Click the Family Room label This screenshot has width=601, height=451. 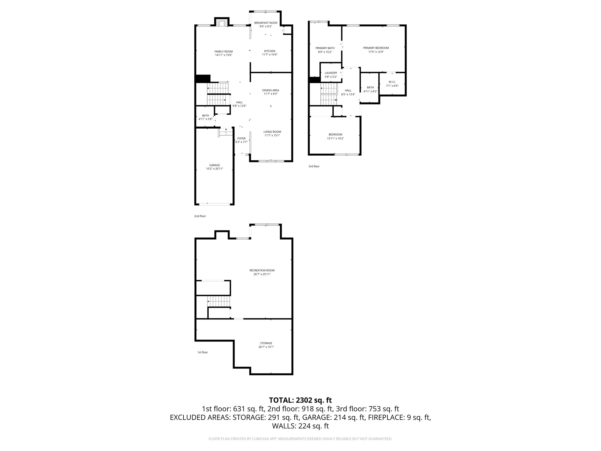point(223,51)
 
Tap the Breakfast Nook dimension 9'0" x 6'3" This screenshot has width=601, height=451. point(266,26)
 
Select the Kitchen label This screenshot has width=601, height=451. point(270,51)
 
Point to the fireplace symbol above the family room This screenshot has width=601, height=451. point(222,23)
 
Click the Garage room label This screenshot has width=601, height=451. point(215,165)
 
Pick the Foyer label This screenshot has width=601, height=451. point(241,138)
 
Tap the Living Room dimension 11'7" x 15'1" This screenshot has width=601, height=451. point(272,135)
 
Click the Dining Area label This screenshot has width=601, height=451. point(271,90)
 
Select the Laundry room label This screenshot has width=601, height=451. point(331,73)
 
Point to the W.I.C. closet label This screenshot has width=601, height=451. point(392,82)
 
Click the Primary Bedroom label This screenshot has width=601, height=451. point(376,48)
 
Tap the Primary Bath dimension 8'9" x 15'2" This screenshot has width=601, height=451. point(325,52)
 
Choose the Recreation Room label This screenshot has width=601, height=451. point(262,270)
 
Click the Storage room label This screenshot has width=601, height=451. point(266,343)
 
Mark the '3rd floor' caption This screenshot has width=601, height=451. point(314,166)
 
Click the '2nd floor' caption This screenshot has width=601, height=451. point(200,216)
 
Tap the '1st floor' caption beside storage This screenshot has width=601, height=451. point(202,352)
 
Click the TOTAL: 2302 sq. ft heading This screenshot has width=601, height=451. point(300,400)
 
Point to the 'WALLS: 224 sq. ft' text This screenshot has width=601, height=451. point(300,426)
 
